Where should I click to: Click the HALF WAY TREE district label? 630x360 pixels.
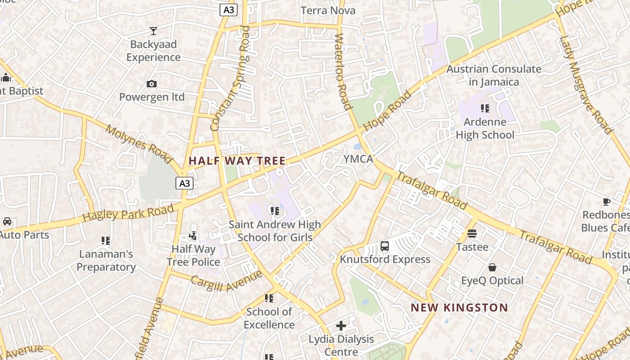[237, 161]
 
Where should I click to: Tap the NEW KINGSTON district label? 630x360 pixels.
[459, 308]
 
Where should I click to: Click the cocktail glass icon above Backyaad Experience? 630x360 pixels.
[153, 31]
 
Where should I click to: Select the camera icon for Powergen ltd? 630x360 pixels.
[152, 84]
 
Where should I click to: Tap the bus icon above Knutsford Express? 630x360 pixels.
[385, 246]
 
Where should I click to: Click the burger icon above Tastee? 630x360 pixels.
[472, 233]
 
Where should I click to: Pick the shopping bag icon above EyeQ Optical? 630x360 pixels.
[492, 267]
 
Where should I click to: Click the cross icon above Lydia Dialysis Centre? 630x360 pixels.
[341, 325]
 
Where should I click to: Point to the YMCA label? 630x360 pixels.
[358, 159]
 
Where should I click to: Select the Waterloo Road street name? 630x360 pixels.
[343, 72]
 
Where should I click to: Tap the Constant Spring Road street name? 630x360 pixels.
[230, 79]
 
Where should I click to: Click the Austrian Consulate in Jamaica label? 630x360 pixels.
[494, 75]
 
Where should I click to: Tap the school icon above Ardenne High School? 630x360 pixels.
[485, 108]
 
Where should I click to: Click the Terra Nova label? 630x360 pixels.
[328, 10]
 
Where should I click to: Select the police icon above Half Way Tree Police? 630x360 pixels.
[193, 235]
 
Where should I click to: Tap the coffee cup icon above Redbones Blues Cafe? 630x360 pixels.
[606, 202]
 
